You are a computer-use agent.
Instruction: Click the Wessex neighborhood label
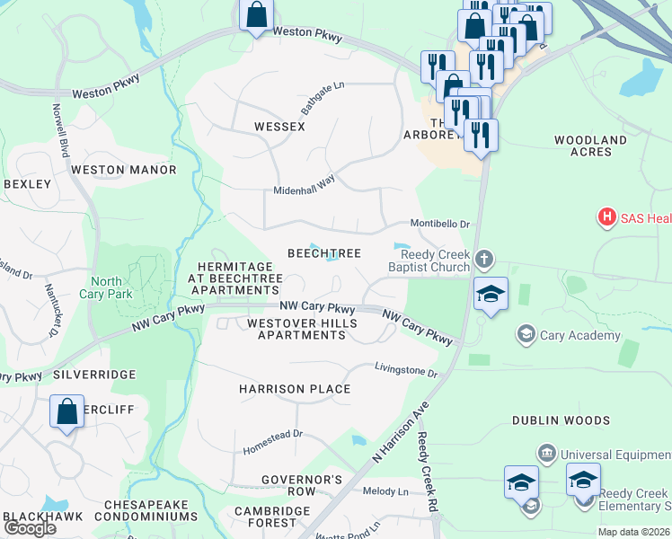[x=279, y=127]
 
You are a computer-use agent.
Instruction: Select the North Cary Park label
[x=106, y=287]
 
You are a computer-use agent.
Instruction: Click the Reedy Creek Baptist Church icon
[x=484, y=260]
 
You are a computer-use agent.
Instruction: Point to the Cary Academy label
[x=579, y=336]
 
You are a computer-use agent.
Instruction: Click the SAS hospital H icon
[x=607, y=217]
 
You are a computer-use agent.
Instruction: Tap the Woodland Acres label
[x=590, y=146]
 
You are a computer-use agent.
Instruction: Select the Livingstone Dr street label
[x=405, y=370]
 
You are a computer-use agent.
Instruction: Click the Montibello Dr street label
[x=440, y=224]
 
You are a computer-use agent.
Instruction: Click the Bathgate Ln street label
[x=323, y=99]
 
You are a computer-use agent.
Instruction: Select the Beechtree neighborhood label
[x=323, y=254]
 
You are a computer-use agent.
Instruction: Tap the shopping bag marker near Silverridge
[x=66, y=413]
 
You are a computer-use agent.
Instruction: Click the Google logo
[x=31, y=528]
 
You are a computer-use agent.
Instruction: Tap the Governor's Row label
[x=301, y=485]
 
